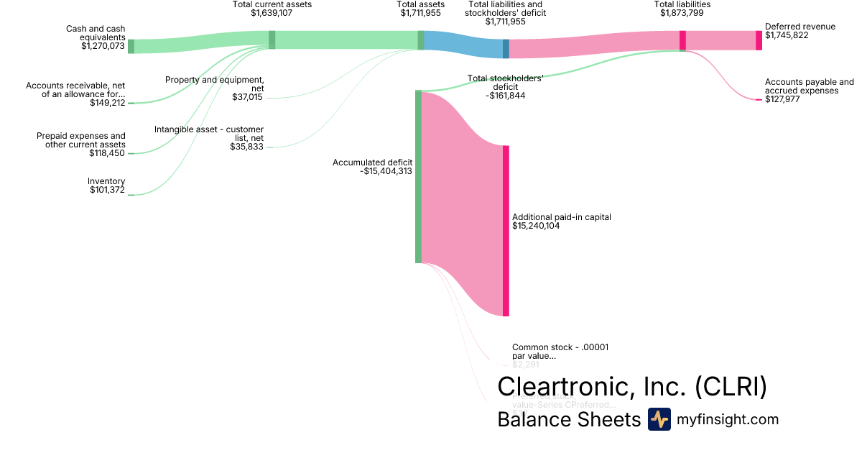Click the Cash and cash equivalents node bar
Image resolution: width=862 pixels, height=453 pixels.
[x=131, y=47]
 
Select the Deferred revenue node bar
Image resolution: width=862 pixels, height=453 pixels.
[x=759, y=40]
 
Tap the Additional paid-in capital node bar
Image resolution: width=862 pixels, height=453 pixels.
[x=506, y=230]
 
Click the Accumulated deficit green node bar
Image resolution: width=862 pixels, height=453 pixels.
[x=418, y=177]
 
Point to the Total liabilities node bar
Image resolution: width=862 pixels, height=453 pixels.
[x=682, y=40]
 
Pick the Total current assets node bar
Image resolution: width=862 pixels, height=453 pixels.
[x=272, y=40]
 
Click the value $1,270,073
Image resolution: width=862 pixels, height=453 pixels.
[x=103, y=47]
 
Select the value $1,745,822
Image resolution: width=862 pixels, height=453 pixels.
[x=791, y=35]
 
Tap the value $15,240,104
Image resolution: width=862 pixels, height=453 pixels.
[x=536, y=226]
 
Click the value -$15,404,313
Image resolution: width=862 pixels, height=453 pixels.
[x=386, y=172]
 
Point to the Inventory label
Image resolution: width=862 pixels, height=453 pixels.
[x=106, y=181]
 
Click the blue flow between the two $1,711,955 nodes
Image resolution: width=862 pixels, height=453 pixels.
[x=463, y=45]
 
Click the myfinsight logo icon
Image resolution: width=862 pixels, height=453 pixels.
[x=659, y=419]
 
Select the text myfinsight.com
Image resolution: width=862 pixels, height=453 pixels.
[x=728, y=419]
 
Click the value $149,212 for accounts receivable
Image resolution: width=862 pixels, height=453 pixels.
[x=107, y=103]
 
